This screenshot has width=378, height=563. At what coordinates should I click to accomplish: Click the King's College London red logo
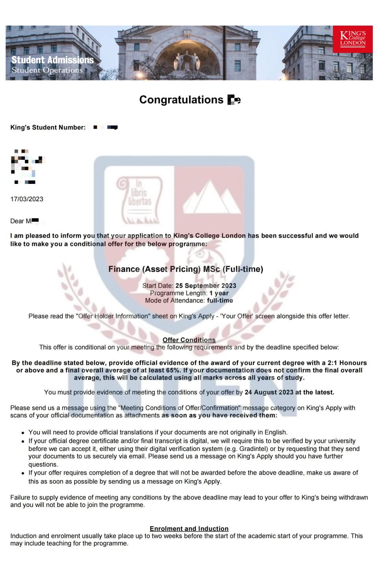[x=352, y=39]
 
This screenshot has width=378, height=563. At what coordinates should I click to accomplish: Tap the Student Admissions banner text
[x=52, y=60]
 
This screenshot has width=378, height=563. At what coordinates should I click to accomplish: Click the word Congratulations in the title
[x=181, y=100]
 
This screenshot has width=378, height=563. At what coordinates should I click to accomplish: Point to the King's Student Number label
[x=48, y=127]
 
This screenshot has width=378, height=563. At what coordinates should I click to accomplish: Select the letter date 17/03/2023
[x=27, y=199]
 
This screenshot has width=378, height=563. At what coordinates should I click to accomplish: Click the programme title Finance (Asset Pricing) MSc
[x=185, y=269]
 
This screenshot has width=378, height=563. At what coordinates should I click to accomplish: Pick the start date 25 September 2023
[x=206, y=286]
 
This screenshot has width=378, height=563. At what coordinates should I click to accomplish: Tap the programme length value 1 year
[x=219, y=293]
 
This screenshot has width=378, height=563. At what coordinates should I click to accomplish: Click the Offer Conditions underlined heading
[x=189, y=340]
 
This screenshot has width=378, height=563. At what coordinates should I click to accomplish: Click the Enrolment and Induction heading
[x=189, y=529]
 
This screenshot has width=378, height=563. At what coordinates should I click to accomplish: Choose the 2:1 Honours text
[x=347, y=363]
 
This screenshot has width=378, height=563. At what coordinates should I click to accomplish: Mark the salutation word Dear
[x=17, y=221]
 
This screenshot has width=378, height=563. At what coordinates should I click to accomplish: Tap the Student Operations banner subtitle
[x=47, y=70]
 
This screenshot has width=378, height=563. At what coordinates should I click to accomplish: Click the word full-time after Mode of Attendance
[x=220, y=301]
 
